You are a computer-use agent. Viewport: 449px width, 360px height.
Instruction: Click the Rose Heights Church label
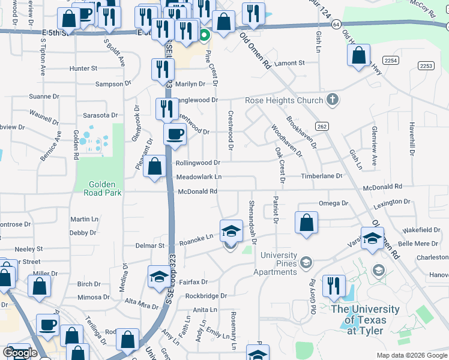(x=283, y=100)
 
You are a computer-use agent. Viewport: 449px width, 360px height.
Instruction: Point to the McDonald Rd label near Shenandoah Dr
(x=196, y=191)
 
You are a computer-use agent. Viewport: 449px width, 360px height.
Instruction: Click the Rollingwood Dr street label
(x=197, y=163)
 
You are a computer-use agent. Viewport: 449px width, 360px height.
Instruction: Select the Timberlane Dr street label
(x=321, y=176)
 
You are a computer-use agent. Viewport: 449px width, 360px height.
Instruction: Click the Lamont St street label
(x=289, y=62)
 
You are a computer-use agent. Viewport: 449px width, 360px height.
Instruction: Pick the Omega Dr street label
(x=333, y=203)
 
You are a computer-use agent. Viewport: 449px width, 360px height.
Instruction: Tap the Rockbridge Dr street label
(x=206, y=296)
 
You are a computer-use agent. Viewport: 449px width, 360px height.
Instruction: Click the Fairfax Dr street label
(x=193, y=281)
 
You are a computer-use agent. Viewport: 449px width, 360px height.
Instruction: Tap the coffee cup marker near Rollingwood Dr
(x=175, y=134)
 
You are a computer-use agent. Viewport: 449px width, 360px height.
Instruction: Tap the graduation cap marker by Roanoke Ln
(x=231, y=230)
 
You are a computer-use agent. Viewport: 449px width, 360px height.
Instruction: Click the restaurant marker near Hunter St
(x=162, y=69)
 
